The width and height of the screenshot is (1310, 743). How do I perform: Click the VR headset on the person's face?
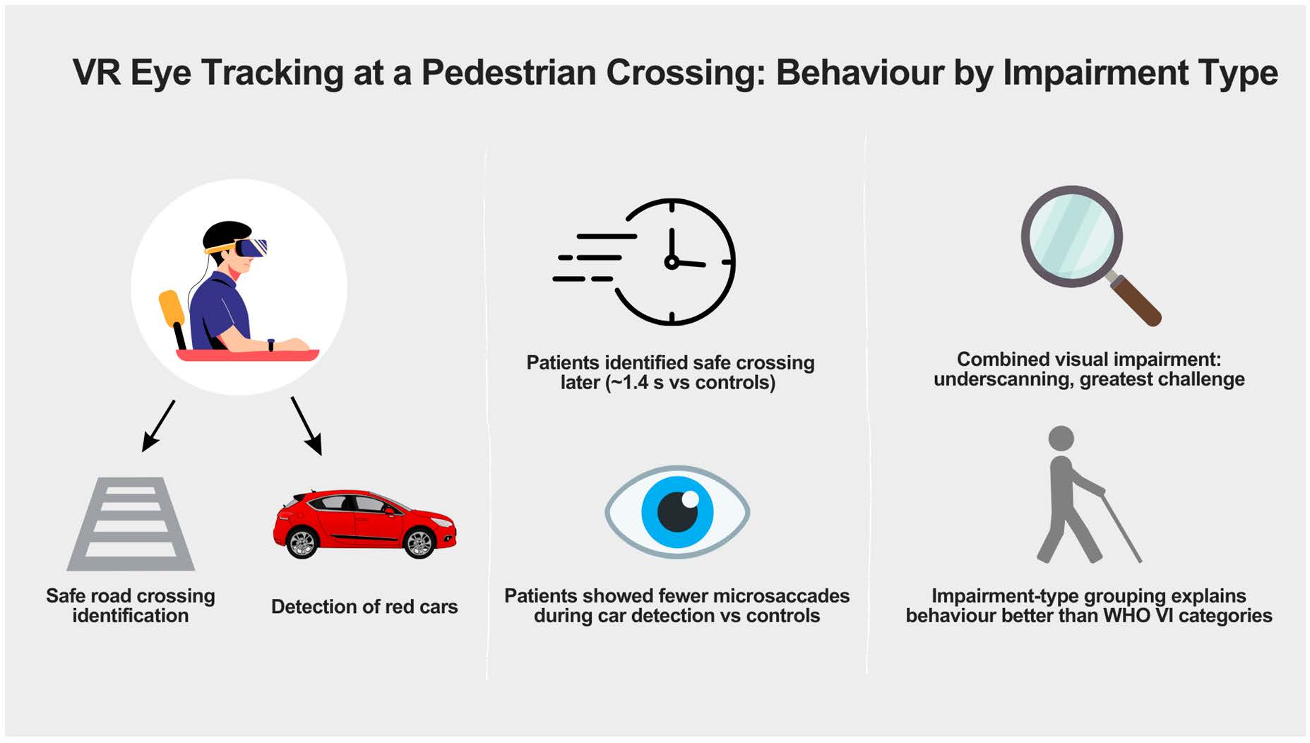click(x=251, y=248)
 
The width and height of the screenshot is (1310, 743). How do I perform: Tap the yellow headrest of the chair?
click(x=171, y=308)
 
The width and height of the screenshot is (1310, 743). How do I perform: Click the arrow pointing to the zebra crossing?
click(x=158, y=426)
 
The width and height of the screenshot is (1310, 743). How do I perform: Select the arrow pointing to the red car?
click(x=307, y=426)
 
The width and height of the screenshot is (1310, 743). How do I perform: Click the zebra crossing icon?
click(x=131, y=524)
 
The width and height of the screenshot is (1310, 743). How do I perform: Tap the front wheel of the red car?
click(x=419, y=543)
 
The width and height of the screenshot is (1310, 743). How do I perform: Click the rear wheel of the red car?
click(x=302, y=543)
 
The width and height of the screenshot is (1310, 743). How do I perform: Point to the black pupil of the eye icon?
click(x=677, y=511)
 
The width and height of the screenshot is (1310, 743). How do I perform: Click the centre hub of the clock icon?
click(x=671, y=262)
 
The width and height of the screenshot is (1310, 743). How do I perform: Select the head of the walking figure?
click(x=1061, y=438)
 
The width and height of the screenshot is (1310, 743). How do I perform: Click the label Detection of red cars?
click(x=364, y=607)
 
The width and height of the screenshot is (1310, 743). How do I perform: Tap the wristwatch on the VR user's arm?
click(x=270, y=345)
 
